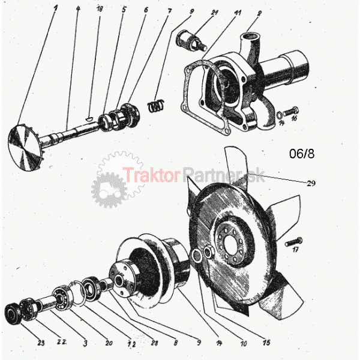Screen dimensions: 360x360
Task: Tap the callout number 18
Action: (100, 10)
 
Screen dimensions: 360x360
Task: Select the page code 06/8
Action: (302, 154)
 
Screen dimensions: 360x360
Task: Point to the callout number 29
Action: (311, 184)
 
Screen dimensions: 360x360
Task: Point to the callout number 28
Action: (155, 344)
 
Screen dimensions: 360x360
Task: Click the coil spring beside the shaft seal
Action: (156, 106)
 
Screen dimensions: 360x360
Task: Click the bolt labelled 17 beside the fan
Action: (290, 243)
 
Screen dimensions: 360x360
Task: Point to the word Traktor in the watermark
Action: (151, 175)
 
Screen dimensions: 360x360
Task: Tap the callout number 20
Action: (109, 344)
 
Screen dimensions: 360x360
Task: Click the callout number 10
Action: (243, 344)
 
